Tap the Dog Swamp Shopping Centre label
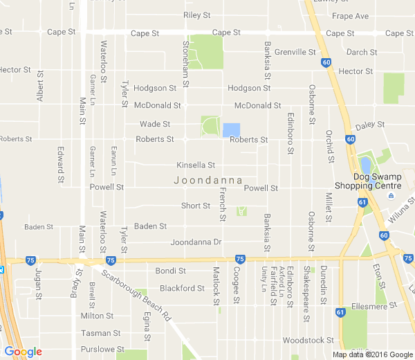367,181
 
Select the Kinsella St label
196,165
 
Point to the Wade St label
155,124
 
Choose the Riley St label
196,15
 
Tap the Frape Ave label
350,16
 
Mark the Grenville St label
295,52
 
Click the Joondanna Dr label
196,242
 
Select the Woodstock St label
308,341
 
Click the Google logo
23,352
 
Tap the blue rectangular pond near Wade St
231,130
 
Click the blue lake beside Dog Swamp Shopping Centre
365,166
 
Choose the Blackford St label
182,288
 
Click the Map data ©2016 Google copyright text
371,354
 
